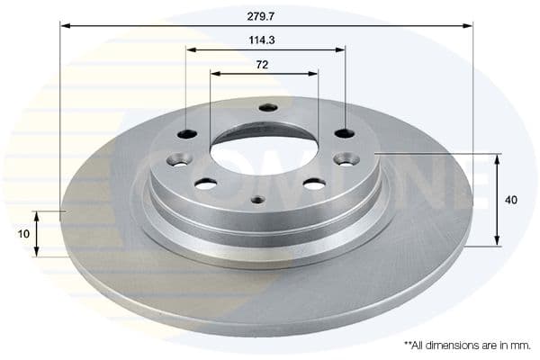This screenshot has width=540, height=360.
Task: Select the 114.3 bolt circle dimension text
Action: tap(265, 40)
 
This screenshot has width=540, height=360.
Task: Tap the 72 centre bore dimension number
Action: tap(264, 65)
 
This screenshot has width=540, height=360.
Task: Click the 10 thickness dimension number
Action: tap(22, 233)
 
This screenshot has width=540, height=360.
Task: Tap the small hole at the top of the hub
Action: tap(265, 108)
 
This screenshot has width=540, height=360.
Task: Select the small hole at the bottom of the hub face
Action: tap(257, 200)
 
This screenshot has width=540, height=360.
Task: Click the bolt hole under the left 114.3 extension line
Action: tap(187, 135)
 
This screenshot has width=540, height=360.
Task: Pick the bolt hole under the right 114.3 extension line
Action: tap(345, 134)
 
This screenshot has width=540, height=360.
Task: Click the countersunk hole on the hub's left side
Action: tap(177, 160)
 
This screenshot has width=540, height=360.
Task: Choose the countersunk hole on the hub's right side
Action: tap(346, 159)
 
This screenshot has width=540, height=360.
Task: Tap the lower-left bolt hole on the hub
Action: tap(206, 184)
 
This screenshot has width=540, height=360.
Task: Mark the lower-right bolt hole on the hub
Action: tap(314, 184)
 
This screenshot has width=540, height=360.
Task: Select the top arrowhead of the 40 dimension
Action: tap(496, 158)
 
